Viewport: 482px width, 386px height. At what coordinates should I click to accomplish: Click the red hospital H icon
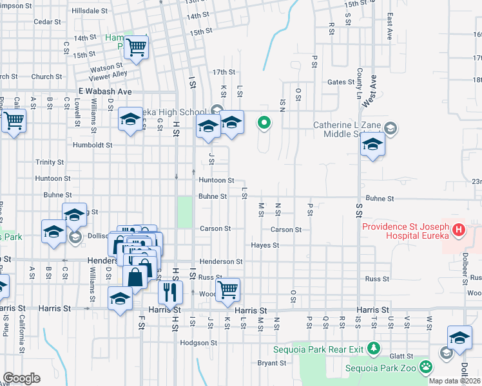[x=458, y=230]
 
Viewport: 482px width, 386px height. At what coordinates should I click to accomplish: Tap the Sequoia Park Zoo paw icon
[x=426, y=367]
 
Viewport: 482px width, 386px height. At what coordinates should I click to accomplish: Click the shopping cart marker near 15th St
[x=137, y=47]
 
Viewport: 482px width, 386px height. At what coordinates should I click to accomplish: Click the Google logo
[x=21, y=378]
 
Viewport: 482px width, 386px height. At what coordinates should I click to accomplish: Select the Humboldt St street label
[x=93, y=145]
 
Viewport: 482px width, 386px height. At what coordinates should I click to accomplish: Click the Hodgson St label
[x=196, y=343]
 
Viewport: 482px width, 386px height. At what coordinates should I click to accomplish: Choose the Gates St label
[x=337, y=82]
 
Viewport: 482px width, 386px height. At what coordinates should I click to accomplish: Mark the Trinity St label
[x=50, y=162]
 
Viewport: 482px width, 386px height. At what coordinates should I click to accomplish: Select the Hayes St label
[x=265, y=245]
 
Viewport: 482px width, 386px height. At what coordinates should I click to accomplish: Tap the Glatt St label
[x=401, y=355]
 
